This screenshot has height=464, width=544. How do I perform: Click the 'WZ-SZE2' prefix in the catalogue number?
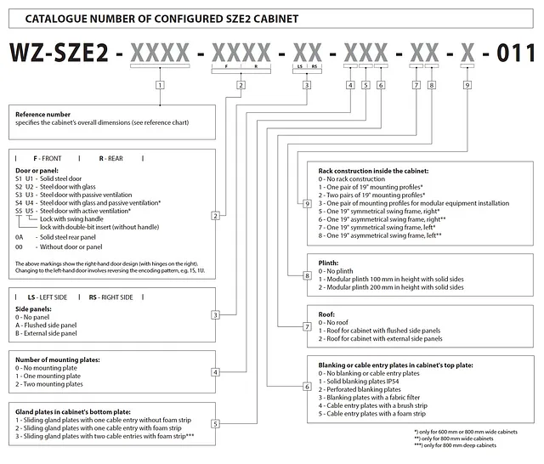pos(59,53)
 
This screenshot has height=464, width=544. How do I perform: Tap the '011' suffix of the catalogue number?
pos(516,53)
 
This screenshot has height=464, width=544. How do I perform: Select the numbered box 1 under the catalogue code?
pos(160,85)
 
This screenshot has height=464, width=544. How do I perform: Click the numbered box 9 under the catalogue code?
pos(467,85)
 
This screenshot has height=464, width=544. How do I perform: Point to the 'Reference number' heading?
pos(42,115)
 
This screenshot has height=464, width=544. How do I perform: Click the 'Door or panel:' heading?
pos(37,171)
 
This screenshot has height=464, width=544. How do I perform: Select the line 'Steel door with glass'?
pos(68,187)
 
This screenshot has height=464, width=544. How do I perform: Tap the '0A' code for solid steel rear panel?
pos(19,237)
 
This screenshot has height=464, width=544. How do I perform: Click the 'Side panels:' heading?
pos(33,309)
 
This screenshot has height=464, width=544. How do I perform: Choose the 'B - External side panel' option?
pos(46,333)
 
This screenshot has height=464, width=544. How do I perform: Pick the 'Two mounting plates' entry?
pos(49,384)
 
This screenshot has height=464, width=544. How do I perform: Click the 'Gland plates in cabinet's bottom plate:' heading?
pos(73,412)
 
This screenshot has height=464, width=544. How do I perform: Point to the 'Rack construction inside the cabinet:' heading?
pos(373,171)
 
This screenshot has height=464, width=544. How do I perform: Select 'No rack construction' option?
pos(352,179)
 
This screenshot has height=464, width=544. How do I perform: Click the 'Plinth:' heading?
pos(328,263)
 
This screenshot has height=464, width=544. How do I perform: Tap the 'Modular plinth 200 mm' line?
pos(391,287)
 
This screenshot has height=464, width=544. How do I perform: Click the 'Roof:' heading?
pos(326,314)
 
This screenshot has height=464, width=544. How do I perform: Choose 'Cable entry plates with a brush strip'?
pos(373,405)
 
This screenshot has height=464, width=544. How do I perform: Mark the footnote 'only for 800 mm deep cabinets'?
pos(456,445)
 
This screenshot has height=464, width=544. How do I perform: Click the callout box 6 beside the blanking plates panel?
pos(307,387)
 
